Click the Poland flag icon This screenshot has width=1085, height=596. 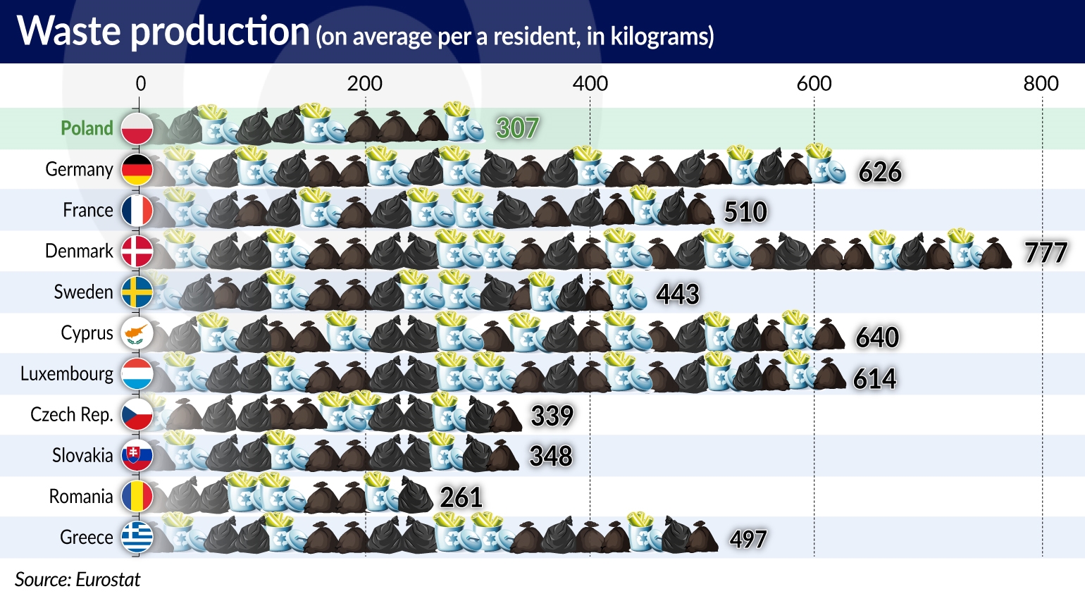(137, 128)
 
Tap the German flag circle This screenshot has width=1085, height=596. (137, 169)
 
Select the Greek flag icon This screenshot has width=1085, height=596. (137, 538)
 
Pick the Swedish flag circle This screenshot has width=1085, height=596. (137, 292)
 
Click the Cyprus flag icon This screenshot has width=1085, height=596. (137, 333)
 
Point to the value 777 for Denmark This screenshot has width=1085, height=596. (1046, 252)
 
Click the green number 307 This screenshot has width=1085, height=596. (517, 128)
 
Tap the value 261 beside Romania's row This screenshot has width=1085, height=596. (461, 497)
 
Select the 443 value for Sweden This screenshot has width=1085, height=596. (677, 294)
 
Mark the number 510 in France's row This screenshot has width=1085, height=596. (745, 212)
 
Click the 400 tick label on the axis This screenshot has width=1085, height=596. (590, 84)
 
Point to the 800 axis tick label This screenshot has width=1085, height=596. (1041, 84)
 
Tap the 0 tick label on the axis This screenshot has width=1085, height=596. (141, 84)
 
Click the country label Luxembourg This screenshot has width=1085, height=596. (67, 373)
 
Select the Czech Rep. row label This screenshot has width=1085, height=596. (72, 414)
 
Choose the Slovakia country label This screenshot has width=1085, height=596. (82, 455)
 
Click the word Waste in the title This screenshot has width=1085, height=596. (69, 32)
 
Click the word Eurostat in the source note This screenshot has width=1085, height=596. (108, 579)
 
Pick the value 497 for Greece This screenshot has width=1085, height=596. (748, 539)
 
